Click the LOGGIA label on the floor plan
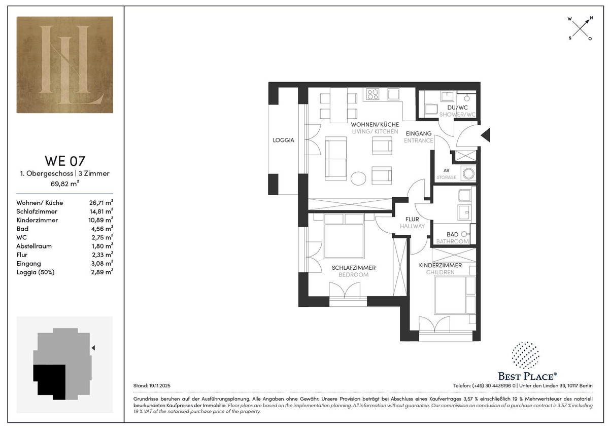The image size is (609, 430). tap(283, 140)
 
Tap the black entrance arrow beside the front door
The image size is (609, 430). tap(486, 135)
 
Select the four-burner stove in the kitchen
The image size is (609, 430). tap(372, 94)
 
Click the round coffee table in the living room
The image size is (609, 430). tap(358, 178)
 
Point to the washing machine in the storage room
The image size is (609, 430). tap(468, 173)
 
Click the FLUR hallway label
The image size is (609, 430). tap(412, 219)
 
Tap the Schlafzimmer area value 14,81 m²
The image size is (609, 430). tap(101, 211)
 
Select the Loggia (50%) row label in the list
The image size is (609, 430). tap(36, 272)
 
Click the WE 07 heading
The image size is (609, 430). tap(65, 161)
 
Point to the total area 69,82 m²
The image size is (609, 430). tap(65, 184)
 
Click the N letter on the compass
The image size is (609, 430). tap(591, 18)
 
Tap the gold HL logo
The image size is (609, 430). tap(65, 64)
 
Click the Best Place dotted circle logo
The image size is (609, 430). tap(525, 355)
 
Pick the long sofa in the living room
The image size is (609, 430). tap(336, 159)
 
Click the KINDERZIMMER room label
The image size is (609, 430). tap(440, 265)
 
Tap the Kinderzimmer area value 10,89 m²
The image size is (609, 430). tap(101, 220)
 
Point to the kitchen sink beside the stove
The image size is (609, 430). tap(393, 94)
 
